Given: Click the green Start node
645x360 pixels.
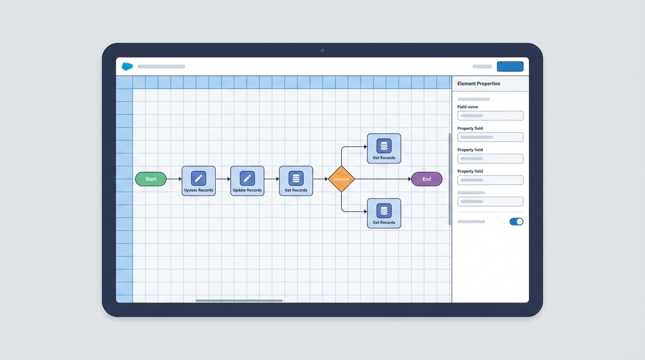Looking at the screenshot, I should click(x=150, y=179).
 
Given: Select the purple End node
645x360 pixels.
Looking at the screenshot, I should click(x=427, y=179).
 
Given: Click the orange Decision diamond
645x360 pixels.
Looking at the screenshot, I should click(x=341, y=179).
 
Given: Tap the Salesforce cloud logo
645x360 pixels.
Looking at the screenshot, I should click(x=127, y=67).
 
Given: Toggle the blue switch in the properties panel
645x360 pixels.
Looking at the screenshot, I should click(x=516, y=222).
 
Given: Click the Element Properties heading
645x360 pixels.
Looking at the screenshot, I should click(x=479, y=83).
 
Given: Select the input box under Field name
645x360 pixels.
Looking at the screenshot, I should click(x=490, y=116).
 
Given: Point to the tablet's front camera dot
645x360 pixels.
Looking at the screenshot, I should click(x=322, y=50).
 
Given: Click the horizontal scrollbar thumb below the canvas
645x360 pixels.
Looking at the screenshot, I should click(x=239, y=300).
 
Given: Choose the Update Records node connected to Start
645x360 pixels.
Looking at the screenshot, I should click(x=199, y=181).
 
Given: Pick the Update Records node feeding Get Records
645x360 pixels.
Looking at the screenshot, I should click(x=247, y=181).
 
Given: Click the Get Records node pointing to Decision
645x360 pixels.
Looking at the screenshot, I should click(x=296, y=181).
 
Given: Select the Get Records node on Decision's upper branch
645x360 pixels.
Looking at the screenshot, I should click(x=384, y=149).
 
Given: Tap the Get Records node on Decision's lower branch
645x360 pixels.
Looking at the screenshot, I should click(x=384, y=213).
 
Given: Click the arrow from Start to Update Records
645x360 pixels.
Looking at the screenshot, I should click(x=174, y=179).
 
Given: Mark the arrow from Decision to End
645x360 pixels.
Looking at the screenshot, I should click(x=382, y=179).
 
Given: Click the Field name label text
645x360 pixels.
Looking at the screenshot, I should click(x=468, y=107).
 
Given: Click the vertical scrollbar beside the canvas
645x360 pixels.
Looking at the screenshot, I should click(x=450, y=179).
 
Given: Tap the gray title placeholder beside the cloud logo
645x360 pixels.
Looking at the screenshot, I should click(x=161, y=67).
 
